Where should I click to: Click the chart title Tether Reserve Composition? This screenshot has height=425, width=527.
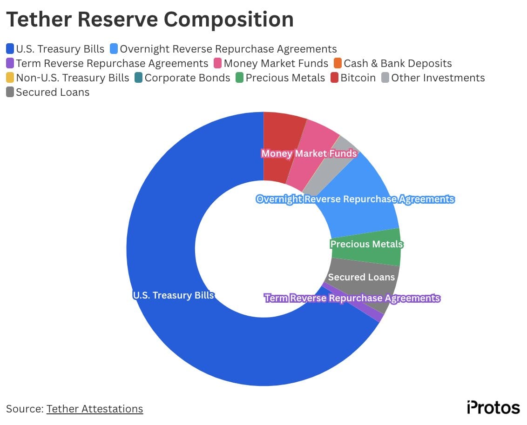point(150,20)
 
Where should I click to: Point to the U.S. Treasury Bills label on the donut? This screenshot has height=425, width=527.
point(173,295)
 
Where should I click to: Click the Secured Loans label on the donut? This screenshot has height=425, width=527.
point(361,277)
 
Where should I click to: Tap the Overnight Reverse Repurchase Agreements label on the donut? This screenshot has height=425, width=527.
point(355,199)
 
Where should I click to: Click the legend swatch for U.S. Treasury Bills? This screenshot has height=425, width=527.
point(10,49)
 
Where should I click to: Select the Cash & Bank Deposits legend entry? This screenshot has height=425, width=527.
point(398,63)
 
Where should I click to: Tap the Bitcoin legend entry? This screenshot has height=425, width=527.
point(358,78)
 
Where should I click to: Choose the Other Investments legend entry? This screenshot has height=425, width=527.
point(438,78)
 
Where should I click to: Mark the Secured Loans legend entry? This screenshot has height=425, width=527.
point(52,92)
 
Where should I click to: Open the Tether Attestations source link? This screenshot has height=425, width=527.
point(95,409)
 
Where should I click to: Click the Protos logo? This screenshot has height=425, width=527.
point(493,407)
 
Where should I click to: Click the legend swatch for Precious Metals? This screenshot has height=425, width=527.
point(240,78)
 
